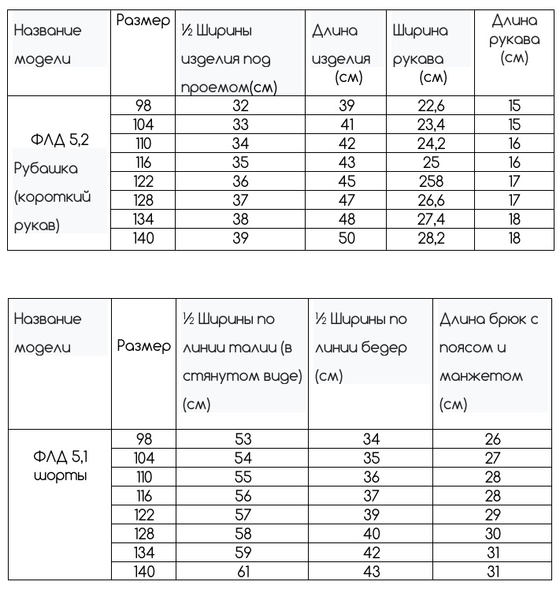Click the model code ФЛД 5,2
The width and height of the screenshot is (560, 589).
60,140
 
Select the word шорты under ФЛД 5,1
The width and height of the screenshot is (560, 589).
60,476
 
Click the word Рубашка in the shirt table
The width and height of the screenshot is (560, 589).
46,169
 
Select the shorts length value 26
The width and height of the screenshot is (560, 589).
492,439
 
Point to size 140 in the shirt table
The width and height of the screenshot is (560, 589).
144,238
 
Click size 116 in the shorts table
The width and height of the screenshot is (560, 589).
144,496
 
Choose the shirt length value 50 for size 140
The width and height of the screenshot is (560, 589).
347,238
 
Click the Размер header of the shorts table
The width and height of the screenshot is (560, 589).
144,346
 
